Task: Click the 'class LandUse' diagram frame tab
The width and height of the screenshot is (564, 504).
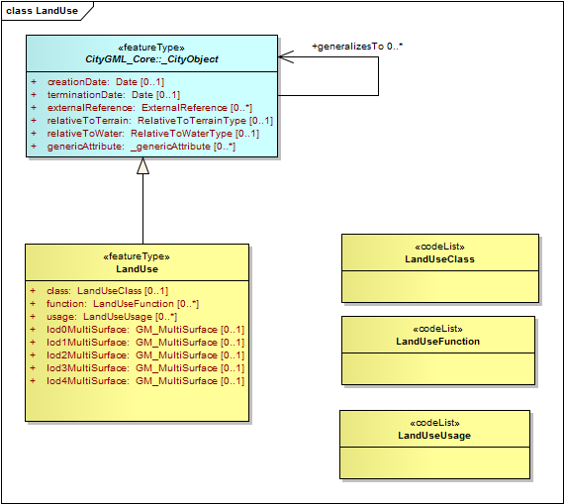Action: tap(43, 11)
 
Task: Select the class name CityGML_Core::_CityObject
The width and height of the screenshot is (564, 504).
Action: tap(151, 59)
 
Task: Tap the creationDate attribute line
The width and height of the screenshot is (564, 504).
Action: tap(98, 82)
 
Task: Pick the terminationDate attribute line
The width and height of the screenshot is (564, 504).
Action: tap(106, 95)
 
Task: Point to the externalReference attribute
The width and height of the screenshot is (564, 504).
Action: tap(141, 108)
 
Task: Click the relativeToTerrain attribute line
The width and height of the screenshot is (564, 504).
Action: tap(151, 121)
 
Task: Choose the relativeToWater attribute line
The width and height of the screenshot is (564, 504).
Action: tap(144, 134)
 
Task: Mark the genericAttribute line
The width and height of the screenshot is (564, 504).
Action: tap(134, 147)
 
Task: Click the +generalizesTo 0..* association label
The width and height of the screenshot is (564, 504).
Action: tap(357, 47)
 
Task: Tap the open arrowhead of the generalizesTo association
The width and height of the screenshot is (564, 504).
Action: tap(286, 56)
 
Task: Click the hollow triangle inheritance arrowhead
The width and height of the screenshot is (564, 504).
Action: tap(142, 166)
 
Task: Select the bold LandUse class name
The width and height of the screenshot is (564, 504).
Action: tap(138, 269)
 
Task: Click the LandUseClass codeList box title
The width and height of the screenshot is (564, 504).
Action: tap(440, 259)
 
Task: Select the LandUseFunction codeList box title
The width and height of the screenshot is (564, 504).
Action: tap(438, 342)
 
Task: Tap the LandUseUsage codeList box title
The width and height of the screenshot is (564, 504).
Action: tap(434, 436)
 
